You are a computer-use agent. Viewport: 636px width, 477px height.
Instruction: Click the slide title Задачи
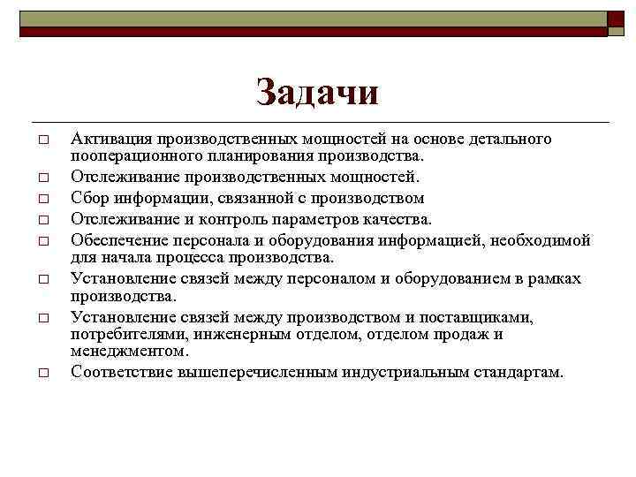317,92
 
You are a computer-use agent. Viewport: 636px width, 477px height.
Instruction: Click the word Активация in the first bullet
112,140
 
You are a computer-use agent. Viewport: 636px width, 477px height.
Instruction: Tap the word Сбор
92,199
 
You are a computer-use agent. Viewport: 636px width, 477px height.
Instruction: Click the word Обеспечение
119,239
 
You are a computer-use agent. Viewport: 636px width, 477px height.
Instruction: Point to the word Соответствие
122,372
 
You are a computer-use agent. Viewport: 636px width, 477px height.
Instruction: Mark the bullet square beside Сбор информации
42,199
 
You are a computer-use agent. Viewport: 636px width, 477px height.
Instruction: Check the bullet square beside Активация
42,140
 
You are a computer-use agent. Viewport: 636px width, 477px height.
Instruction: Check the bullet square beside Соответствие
42,373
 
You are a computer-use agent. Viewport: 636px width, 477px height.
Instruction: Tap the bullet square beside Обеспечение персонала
42,240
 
